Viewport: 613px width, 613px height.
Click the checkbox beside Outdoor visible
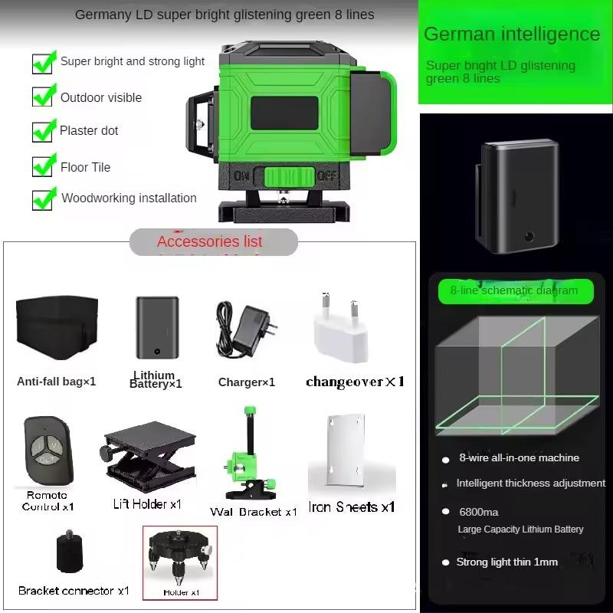pos(42,97)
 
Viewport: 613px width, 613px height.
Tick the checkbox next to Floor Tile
pos(42,166)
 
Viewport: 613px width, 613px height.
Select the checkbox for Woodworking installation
pos(42,200)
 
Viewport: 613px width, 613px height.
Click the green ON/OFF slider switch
pos(290,177)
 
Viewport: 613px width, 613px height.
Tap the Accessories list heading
pos(209,241)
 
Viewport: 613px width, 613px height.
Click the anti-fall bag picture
pos(57,328)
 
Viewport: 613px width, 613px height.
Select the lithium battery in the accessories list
pos(157,328)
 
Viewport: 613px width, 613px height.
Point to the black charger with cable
pos(246,329)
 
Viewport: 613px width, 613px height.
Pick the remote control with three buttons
pos(48,451)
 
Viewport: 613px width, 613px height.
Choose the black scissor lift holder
pos(149,455)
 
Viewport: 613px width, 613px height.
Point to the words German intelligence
pos(512,34)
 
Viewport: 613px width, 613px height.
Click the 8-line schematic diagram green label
pos(516,291)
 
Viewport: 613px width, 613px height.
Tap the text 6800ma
pos(478,512)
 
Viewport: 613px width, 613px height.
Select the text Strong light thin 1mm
pos(506,562)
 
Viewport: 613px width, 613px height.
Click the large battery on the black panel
pos(516,196)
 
